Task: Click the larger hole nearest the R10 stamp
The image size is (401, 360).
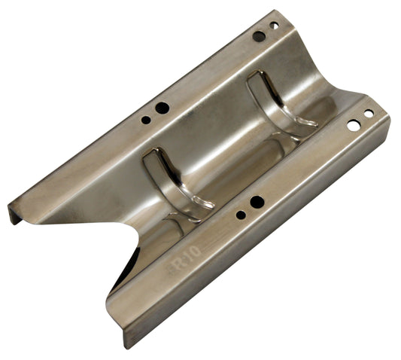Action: (257, 202)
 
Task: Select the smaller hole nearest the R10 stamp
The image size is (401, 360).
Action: (240, 215)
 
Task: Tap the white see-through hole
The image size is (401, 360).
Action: (352, 126)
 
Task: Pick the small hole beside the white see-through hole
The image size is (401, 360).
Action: (368, 114)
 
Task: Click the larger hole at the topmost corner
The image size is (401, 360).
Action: (258, 36)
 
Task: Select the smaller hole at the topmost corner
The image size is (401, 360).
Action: (274, 26)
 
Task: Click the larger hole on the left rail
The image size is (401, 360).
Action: (162, 108)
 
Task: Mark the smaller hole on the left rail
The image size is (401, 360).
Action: (146, 119)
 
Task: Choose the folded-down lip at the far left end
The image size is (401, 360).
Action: (14, 215)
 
